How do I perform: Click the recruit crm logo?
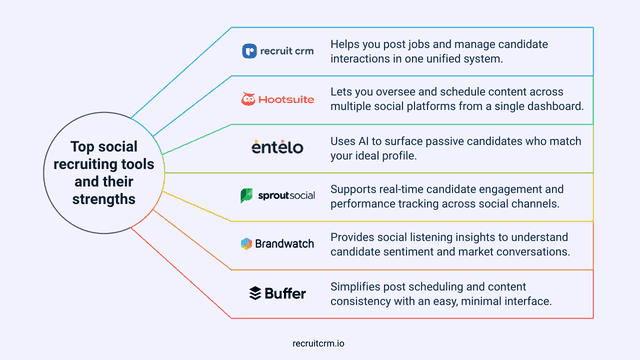[278, 51]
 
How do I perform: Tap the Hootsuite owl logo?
[250, 99]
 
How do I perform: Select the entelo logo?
[278, 147]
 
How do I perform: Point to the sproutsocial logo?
[278, 195]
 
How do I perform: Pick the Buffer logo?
[278, 292]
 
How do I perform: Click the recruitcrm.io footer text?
[319, 341]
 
